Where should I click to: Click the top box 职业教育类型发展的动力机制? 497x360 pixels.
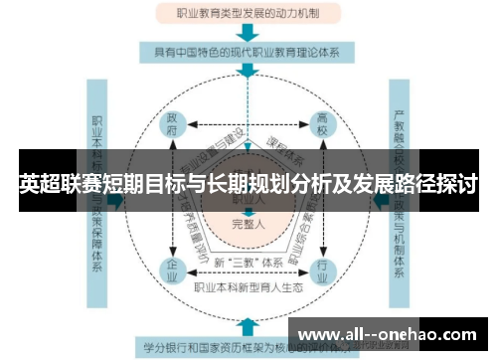248,14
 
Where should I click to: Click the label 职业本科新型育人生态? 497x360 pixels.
248,287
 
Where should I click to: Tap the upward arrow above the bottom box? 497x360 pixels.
248,323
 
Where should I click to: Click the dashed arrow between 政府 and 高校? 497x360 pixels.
248,126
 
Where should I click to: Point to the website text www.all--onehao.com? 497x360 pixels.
394,333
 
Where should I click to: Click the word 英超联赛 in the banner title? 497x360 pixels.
59,184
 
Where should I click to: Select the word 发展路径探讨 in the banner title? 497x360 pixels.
418,184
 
